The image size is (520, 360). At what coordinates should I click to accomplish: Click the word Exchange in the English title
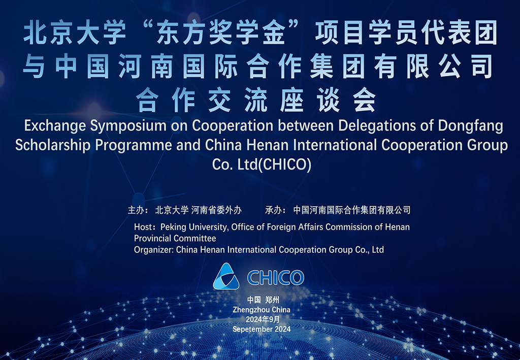click(x=55, y=126)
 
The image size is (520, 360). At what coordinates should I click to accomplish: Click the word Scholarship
click(x=53, y=146)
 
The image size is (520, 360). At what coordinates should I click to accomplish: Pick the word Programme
click(x=134, y=146)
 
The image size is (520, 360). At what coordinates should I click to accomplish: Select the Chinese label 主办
click(x=136, y=210)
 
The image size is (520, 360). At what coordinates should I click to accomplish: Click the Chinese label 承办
click(x=273, y=210)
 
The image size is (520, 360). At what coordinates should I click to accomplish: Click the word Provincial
click(x=153, y=238)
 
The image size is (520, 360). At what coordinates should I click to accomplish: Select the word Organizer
click(x=153, y=250)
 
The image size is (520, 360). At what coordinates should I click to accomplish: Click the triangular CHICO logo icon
click(x=226, y=276)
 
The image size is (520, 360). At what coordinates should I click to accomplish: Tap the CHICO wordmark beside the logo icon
click(x=276, y=277)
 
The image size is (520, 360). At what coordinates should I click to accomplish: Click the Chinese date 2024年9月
click(x=263, y=319)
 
